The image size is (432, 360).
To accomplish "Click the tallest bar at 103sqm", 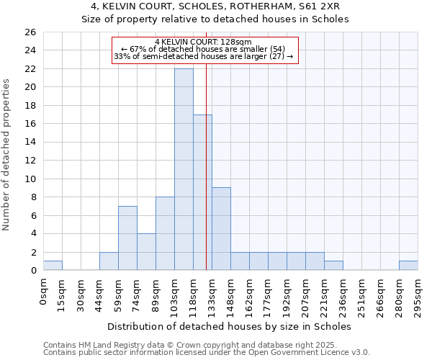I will click(184, 169).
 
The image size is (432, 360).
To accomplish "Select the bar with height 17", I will click(202, 192).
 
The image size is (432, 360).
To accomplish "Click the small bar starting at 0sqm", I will click(53, 266).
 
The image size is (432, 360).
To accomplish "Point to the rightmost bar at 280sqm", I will click(408, 266).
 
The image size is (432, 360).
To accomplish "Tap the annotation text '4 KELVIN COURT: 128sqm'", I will click(204, 42).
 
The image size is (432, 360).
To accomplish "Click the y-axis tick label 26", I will click(30, 32).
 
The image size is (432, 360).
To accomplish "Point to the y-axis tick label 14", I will click(30, 143).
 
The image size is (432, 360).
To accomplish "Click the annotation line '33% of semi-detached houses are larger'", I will click(204, 56).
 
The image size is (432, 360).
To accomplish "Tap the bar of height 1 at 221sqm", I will click(333, 266).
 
